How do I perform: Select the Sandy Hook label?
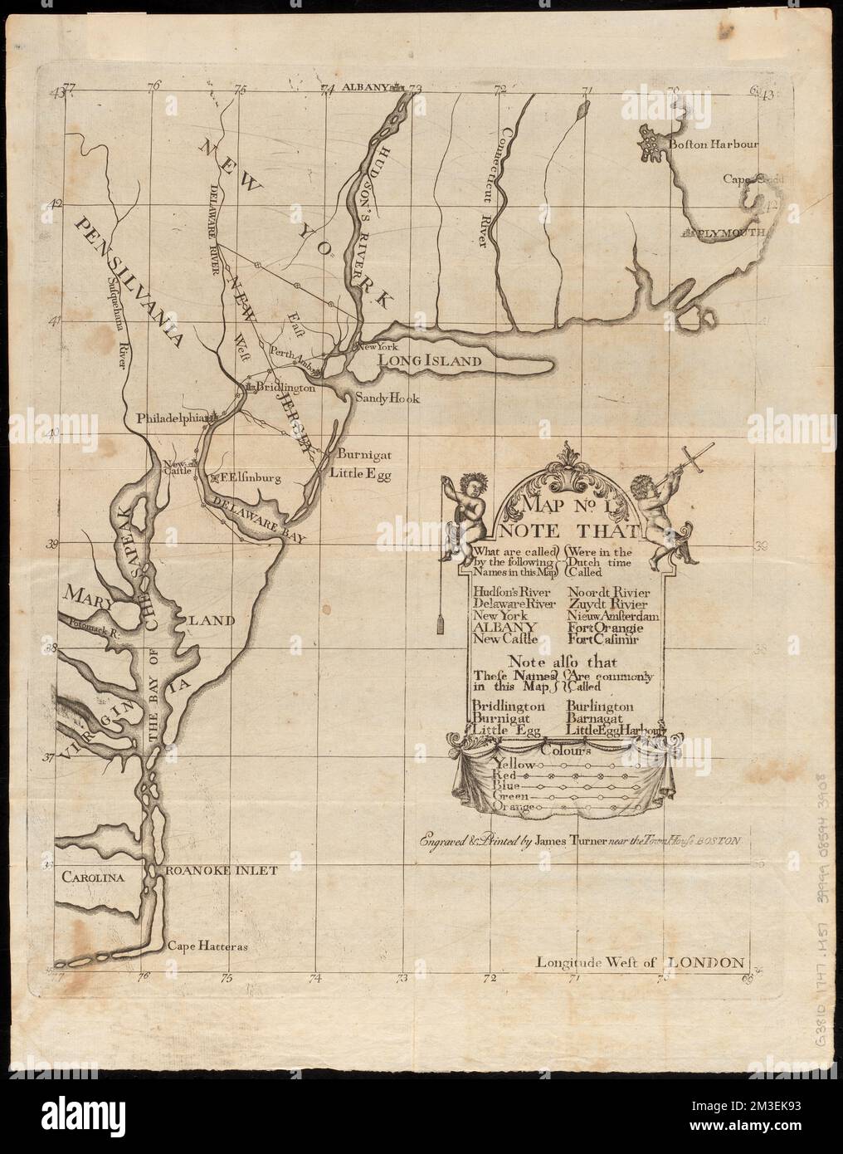[387, 399]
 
